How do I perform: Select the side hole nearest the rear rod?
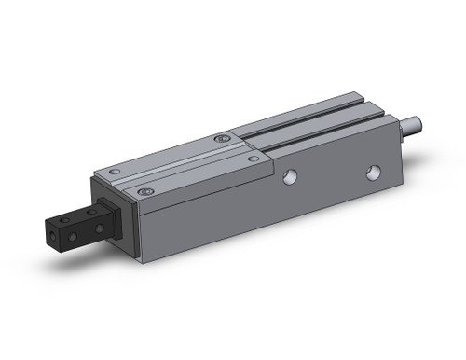coord(373,173)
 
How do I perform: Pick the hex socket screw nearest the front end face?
coord(144,192)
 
